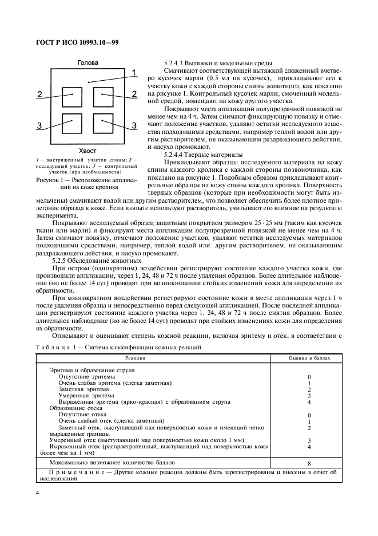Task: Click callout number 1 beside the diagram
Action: click(x=133, y=72)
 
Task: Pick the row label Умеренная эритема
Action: click(x=86, y=395)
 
